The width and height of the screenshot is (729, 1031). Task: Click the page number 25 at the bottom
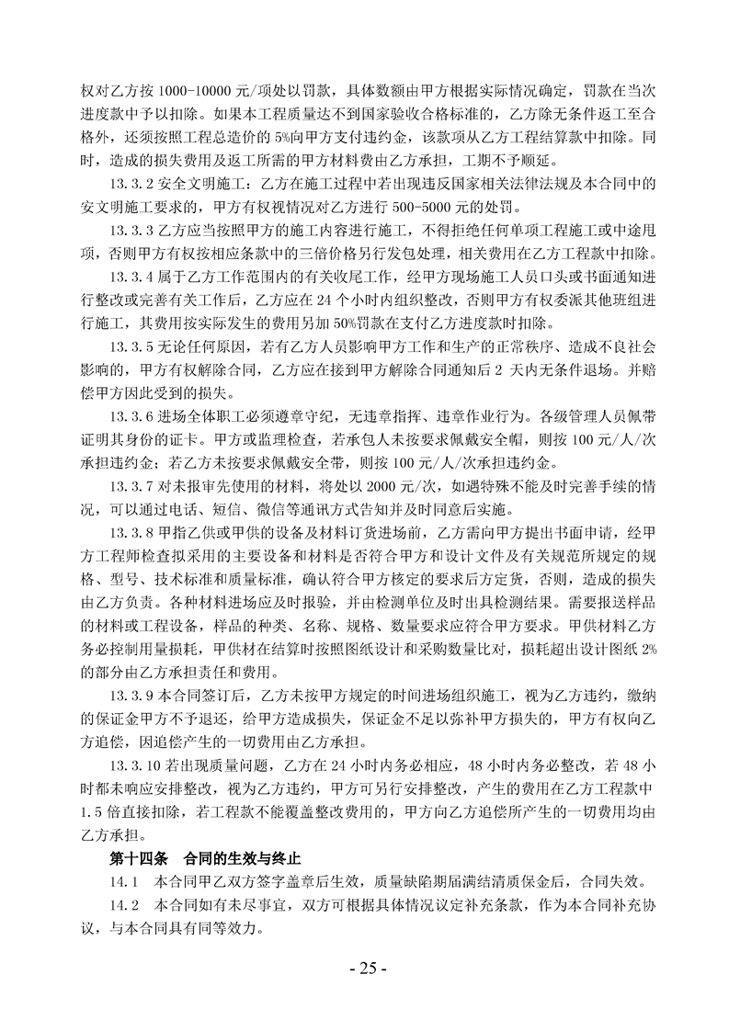(365, 969)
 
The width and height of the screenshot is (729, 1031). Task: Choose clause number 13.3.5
(134, 343)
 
